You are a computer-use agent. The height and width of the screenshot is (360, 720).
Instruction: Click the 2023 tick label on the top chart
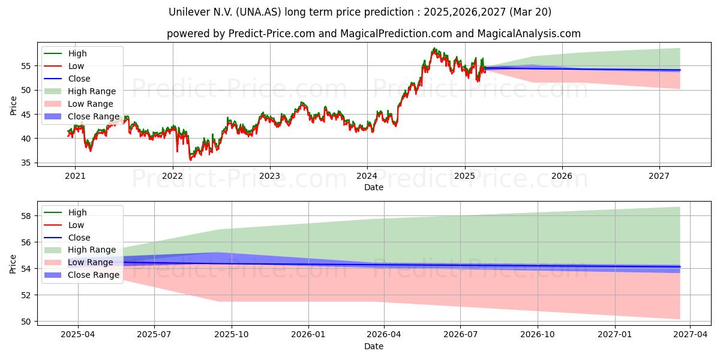[269, 176]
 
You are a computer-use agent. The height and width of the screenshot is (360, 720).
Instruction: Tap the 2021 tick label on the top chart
[75, 176]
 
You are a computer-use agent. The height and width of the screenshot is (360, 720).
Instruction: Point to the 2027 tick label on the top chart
[659, 176]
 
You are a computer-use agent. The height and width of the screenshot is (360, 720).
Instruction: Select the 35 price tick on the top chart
[26, 163]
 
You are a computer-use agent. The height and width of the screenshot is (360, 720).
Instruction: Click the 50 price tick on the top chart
[26, 91]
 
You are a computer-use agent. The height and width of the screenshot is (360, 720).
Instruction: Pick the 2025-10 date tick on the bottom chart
[232, 335]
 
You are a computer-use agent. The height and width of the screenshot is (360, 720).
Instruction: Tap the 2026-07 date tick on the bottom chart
[461, 335]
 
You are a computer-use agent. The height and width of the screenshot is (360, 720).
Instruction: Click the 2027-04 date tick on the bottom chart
[691, 335]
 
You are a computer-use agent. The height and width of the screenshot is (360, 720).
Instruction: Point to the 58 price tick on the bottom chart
[26, 216]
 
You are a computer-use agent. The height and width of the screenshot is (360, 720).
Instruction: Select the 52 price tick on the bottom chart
[26, 295]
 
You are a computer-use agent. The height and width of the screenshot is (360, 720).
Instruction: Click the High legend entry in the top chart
[77, 53]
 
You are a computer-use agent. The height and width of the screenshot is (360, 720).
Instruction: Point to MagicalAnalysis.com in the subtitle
[529, 34]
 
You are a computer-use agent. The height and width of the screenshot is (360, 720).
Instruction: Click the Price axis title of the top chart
[13, 106]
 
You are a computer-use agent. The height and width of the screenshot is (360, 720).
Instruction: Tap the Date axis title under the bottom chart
[373, 346]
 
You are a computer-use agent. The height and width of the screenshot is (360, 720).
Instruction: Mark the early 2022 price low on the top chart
[190, 160]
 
